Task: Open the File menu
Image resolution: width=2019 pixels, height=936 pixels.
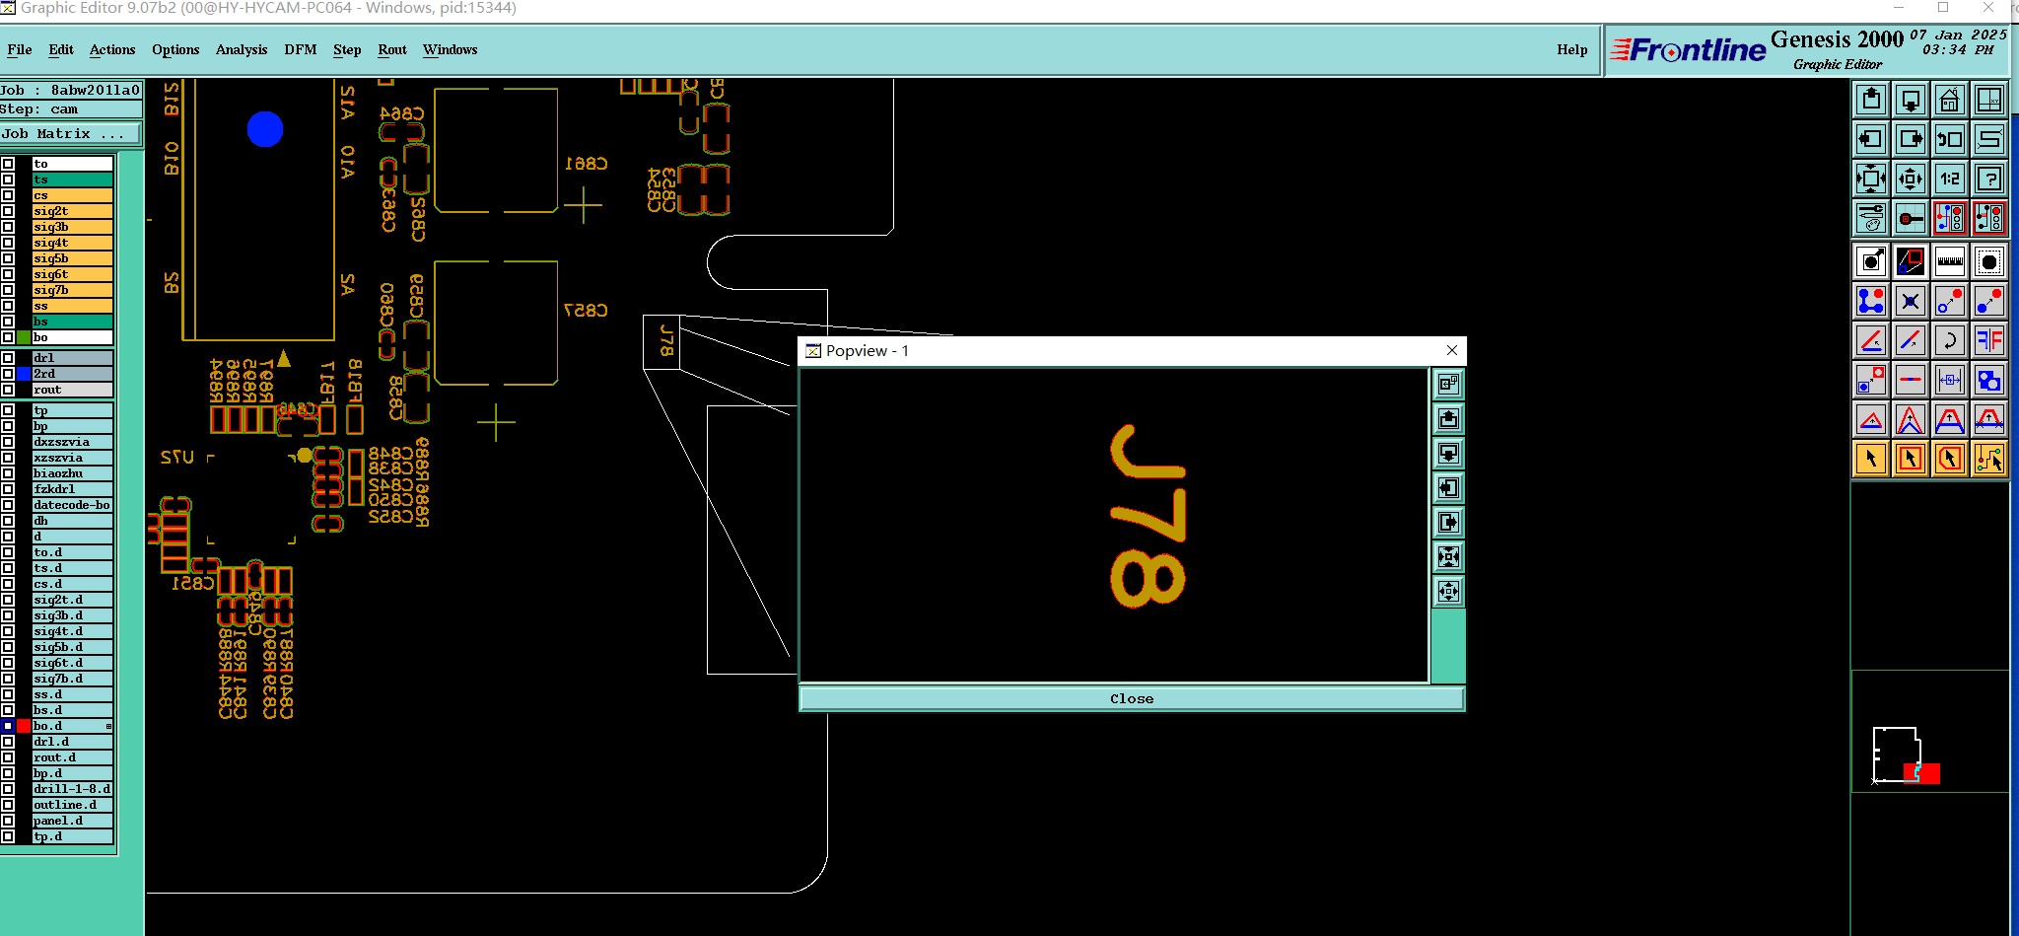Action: point(20,49)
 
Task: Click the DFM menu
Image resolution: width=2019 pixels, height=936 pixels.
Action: point(300,49)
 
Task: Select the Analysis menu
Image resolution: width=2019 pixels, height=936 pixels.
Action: point(242,49)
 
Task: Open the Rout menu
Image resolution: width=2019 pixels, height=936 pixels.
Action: point(392,49)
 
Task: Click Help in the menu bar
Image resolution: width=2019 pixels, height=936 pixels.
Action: point(1571,49)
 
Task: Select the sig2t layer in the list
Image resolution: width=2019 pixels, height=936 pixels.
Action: point(71,211)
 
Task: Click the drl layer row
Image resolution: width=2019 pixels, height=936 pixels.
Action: point(71,358)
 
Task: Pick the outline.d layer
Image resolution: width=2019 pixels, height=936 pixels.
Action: point(71,805)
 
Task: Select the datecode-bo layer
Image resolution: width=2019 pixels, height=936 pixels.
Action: point(71,505)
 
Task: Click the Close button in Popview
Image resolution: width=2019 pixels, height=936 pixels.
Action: point(1131,698)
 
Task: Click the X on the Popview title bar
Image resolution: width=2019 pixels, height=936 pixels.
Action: point(1451,350)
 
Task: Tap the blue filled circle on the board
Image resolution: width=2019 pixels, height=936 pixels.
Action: point(265,129)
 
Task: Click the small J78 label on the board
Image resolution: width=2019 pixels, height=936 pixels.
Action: point(666,340)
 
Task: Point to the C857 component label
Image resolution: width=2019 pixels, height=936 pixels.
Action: point(586,310)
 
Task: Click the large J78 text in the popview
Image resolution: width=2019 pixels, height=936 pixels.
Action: point(1148,517)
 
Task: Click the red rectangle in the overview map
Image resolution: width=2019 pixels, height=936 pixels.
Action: point(1924,773)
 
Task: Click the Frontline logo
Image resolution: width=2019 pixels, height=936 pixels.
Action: point(1689,49)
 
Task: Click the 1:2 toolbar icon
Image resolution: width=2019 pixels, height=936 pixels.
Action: point(1949,179)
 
